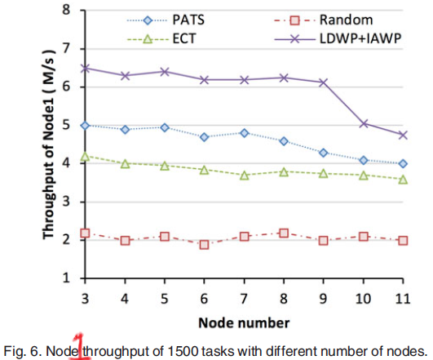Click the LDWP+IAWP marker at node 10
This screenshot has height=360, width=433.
click(x=362, y=124)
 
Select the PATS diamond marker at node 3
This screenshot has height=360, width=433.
click(x=86, y=125)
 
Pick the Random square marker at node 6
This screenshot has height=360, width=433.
click(x=204, y=244)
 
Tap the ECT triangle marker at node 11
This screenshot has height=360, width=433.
click(x=401, y=179)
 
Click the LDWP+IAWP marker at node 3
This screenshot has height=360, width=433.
click(x=86, y=69)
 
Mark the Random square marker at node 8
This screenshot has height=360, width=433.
click(x=283, y=233)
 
